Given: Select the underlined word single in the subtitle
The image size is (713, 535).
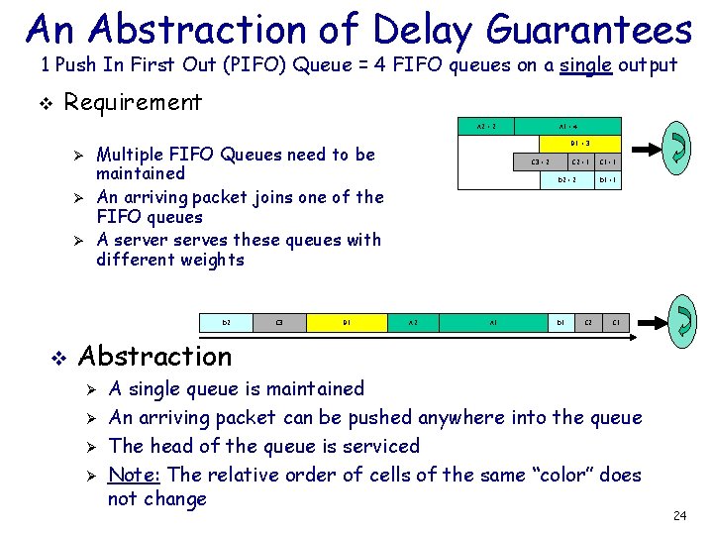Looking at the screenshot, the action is [587, 66].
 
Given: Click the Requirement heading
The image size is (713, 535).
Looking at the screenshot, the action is [133, 102].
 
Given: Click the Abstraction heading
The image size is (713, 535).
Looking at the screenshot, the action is [154, 356].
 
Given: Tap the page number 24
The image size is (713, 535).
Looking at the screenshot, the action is [679, 515].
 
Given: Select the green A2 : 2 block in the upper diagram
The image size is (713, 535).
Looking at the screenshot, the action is [486, 127].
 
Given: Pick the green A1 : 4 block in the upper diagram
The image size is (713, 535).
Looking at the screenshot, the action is [568, 127].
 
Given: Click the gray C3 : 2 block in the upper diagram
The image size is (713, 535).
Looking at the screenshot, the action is [541, 161].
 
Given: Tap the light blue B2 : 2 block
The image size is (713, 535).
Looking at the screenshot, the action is [566, 180].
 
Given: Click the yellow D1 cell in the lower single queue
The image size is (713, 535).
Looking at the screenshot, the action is [348, 322].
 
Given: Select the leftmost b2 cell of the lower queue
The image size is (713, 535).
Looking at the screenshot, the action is [227, 322].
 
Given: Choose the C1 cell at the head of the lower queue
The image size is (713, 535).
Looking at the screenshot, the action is [617, 322].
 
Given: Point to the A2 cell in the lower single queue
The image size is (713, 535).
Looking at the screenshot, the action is [414, 322].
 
